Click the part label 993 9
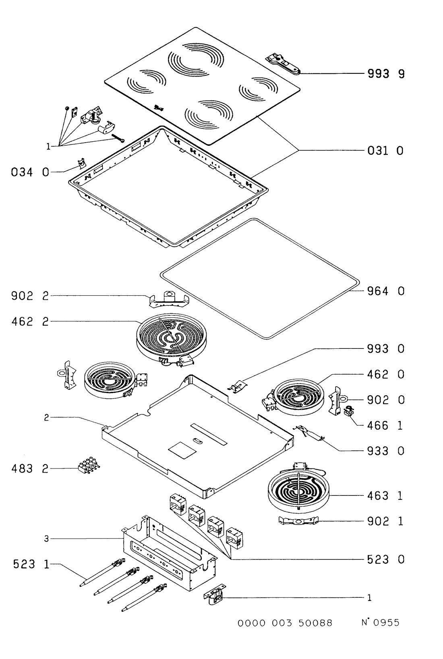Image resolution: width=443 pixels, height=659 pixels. pyautogui.click(x=386, y=74)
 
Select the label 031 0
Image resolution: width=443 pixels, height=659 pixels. pyautogui.click(x=385, y=151)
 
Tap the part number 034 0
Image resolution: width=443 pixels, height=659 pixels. pyautogui.click(x=30, y=172)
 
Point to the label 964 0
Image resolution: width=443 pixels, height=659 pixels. pyautogui.click(x=386, y=291)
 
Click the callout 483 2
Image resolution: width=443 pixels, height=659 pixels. pyautogui.click(x=30, y=468)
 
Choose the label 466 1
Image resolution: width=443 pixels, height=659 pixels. pyautogui.click(x=385, y=425)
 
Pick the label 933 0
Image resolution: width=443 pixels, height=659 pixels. pyautogui.click(x=386, y=451)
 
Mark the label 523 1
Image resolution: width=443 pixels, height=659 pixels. pyautogui.click(x=31, y=564)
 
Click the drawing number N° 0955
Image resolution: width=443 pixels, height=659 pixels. pyautogui.click(x=380, y=622)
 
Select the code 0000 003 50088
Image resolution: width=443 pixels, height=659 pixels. pyautogui.click(x=285, y=623)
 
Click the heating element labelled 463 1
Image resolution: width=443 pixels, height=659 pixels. pyautogui.click(x=298, y=491)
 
